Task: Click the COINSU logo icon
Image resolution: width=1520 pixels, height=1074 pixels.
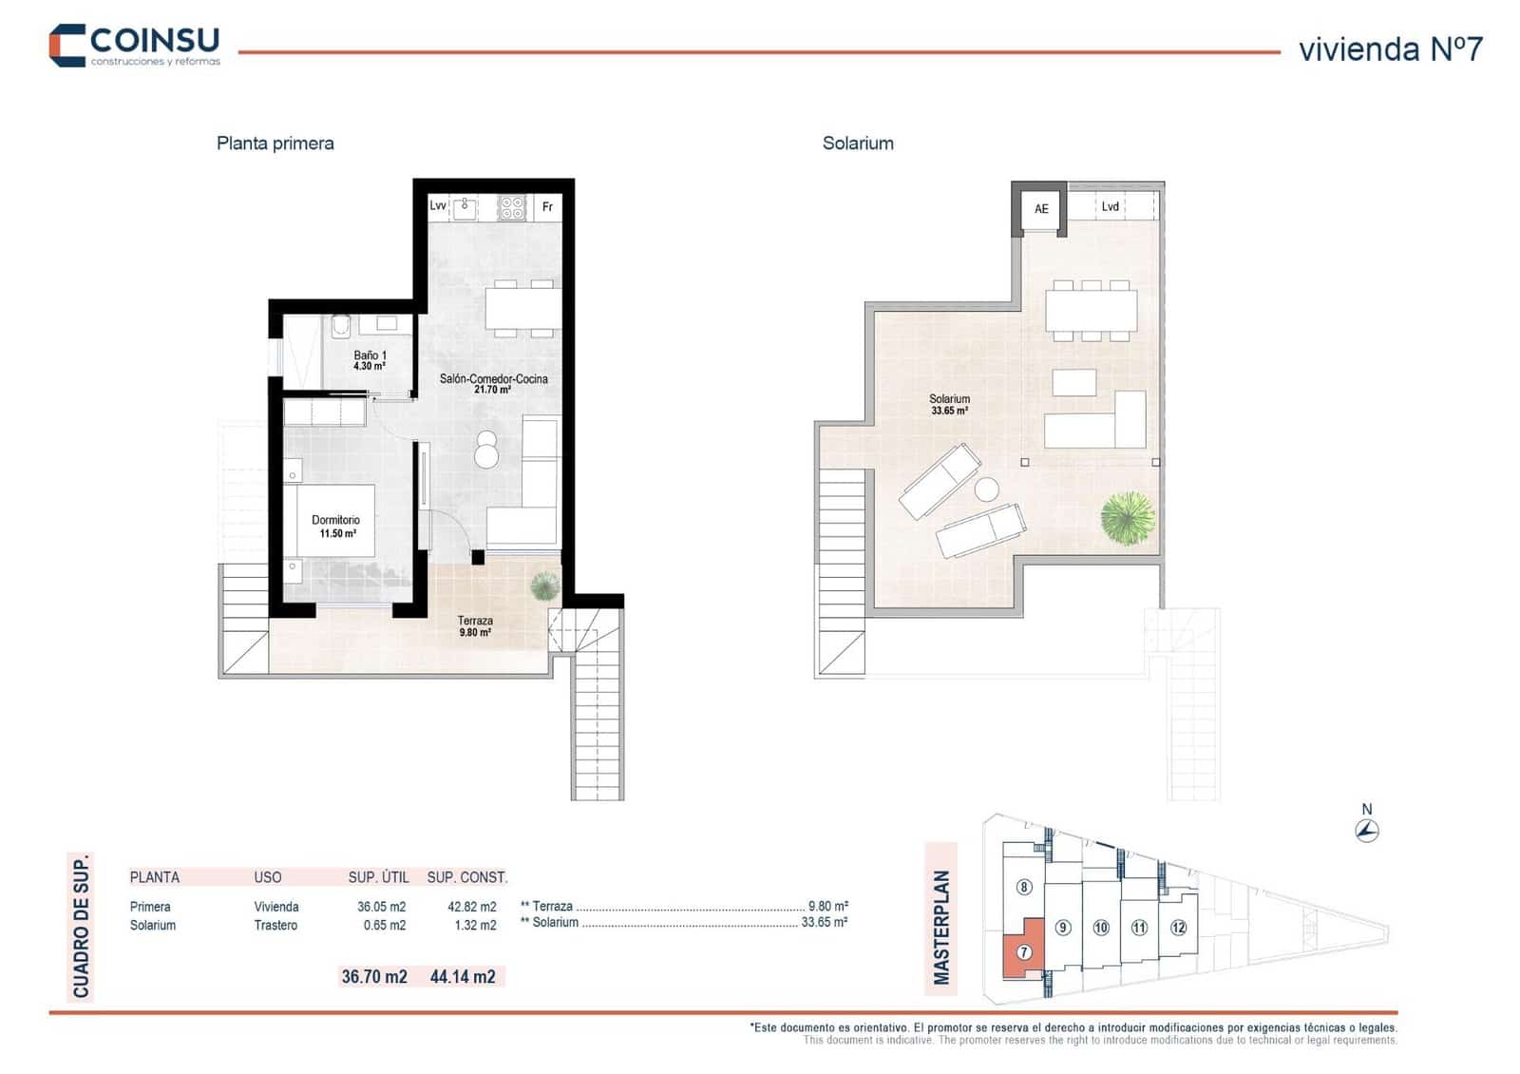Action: coord(67,45)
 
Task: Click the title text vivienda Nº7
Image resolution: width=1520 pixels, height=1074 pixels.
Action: coord(1389,49)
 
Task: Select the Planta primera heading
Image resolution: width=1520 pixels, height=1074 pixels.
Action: coord(275,144)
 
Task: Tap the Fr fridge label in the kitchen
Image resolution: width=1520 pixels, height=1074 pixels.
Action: coord(547,206)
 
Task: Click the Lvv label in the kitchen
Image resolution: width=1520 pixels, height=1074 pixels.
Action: coord(438,205)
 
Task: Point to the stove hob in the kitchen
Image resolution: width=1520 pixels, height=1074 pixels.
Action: coord(512,206)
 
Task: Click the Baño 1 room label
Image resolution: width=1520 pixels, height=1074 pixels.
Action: coord(370,360)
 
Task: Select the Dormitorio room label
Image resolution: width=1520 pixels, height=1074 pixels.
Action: coord(336,527)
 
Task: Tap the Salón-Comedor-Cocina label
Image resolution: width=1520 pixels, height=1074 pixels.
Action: coord(493,383)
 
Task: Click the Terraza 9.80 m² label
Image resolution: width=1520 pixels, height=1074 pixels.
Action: coord(475,625)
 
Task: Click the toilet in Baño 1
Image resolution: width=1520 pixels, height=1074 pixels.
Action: coord(341,327)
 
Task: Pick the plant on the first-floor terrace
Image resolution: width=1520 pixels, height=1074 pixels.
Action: coord(544,586)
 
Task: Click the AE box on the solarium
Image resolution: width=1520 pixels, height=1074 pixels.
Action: coord(1041,209)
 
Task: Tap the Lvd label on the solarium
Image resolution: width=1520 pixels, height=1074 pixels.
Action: coord(1110,206)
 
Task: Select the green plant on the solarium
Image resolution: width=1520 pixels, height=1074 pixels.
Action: coord(1128,518)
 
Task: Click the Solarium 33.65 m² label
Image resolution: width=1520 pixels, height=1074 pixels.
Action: coord(949,405)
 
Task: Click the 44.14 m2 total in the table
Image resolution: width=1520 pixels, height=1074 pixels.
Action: coord(463,976)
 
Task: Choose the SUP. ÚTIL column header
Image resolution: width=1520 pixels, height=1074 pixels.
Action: coord(378,877)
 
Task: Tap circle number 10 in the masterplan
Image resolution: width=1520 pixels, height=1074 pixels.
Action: coord(1101,928)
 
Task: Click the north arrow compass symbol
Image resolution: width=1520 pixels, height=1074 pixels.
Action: coord(1367,831)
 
